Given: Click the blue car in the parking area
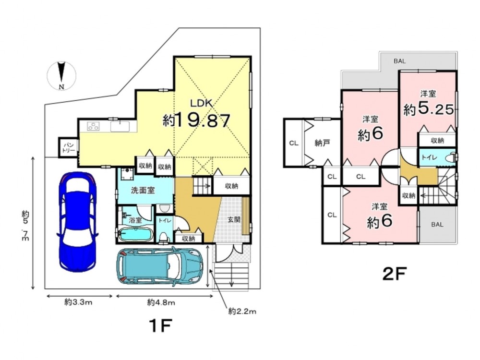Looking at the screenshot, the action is pos(77,221).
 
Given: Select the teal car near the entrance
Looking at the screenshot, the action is pos(160,266).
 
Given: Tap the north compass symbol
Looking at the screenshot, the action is pos(61,76).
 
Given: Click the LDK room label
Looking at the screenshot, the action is pos(201,103).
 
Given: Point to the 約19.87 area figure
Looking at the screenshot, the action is pos(196,120).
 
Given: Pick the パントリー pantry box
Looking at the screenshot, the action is pos(68,147).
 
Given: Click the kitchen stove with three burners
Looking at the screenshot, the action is pos(94,126).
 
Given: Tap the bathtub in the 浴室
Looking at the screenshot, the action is pos(135,235).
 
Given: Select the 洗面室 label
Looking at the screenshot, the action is pos(143,191).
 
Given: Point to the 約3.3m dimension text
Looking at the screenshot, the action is pos(78,302).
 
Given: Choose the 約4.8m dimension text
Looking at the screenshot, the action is pos(161,302).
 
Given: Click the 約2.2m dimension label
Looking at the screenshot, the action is pos(242,312).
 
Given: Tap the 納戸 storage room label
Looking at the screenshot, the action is pos(322,143).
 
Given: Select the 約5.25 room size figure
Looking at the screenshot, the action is pos(428,109).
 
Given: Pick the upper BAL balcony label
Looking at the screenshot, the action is pos(400,61).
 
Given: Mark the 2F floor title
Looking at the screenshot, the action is pos(394,274).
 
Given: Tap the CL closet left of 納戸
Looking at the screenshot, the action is pos(294,143).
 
